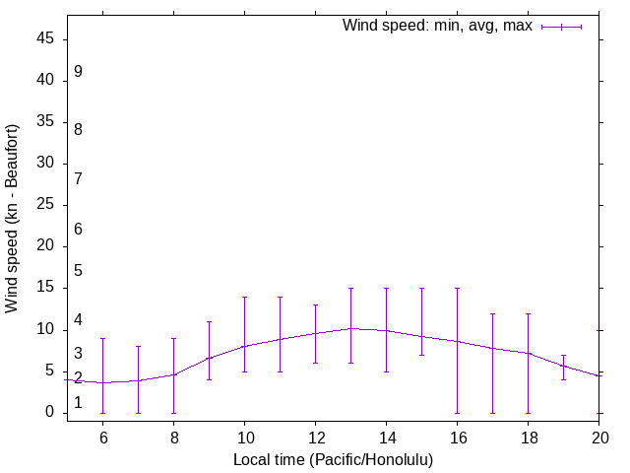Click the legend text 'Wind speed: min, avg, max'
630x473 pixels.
[437, 26]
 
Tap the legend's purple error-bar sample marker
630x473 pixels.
[561, 27]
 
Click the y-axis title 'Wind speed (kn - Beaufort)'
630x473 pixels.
[13, 219]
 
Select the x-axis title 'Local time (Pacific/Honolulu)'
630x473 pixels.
[333, 459]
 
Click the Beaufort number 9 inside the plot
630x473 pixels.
[78, 72]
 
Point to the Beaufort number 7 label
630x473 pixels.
[78, 179]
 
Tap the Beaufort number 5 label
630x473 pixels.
[78, 271]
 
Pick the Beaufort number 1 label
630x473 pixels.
[78, 403]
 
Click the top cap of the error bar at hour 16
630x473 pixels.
[457, 288]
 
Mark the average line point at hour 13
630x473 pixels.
[350, 328]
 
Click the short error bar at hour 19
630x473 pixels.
[563, 366]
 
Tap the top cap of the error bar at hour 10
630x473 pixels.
[244, 297]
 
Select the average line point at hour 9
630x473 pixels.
[209, 358]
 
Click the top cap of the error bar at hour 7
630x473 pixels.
[138, 346]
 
